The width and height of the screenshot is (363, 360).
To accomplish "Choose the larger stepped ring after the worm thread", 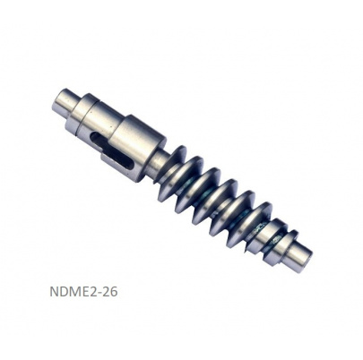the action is [x=275, y=237].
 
